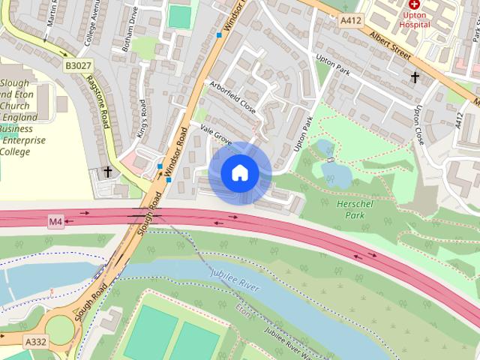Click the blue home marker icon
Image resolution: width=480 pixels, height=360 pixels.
point(239,173)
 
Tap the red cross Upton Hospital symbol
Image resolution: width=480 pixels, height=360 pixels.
point(414,4)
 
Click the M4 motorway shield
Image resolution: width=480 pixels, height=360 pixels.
point(55,221)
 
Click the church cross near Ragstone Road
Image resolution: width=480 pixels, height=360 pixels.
point(107,172)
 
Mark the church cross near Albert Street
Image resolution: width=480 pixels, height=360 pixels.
point(415,76)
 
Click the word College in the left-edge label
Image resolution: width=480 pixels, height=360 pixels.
point(15,151)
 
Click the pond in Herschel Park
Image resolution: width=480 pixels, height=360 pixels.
point(337,174)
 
